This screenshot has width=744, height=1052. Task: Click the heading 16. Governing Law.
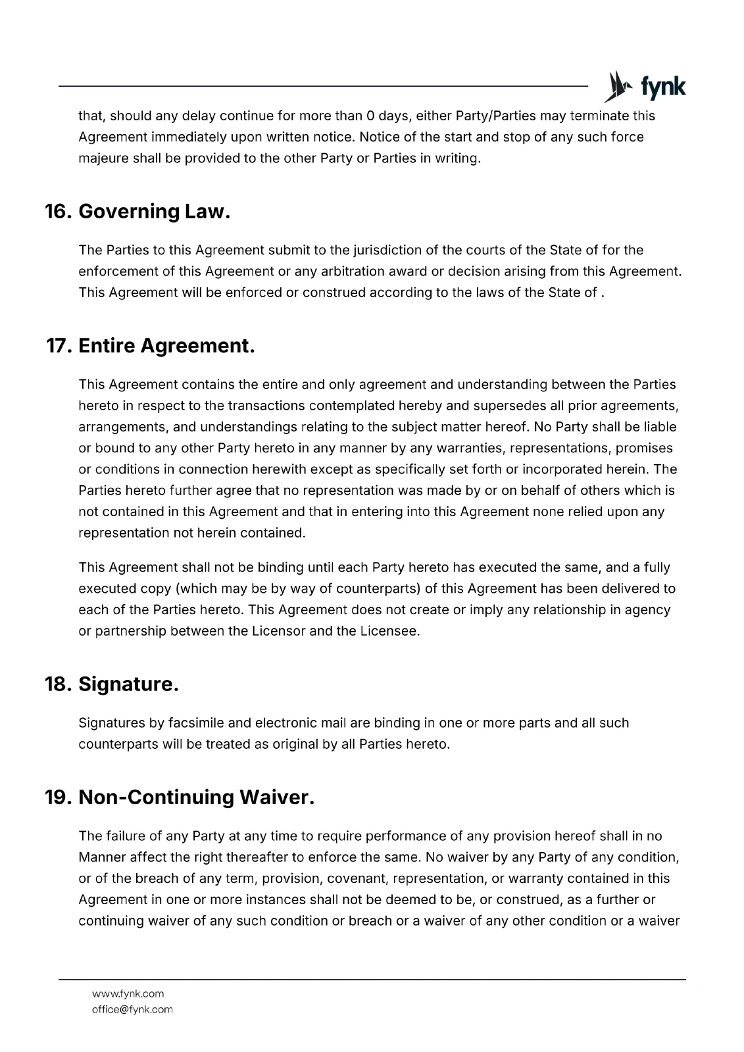[137, 212]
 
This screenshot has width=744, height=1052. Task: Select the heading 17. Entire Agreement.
[150, 346]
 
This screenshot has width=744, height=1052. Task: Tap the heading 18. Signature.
[112, 684]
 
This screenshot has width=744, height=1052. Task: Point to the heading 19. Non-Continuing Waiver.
[180, 798]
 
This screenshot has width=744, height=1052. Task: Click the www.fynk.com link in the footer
[128, 993]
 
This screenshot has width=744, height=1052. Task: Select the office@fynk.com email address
[132, 1009]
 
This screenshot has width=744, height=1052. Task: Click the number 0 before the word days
[371, 116]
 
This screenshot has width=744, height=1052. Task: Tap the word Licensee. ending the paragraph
[389, 631]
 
